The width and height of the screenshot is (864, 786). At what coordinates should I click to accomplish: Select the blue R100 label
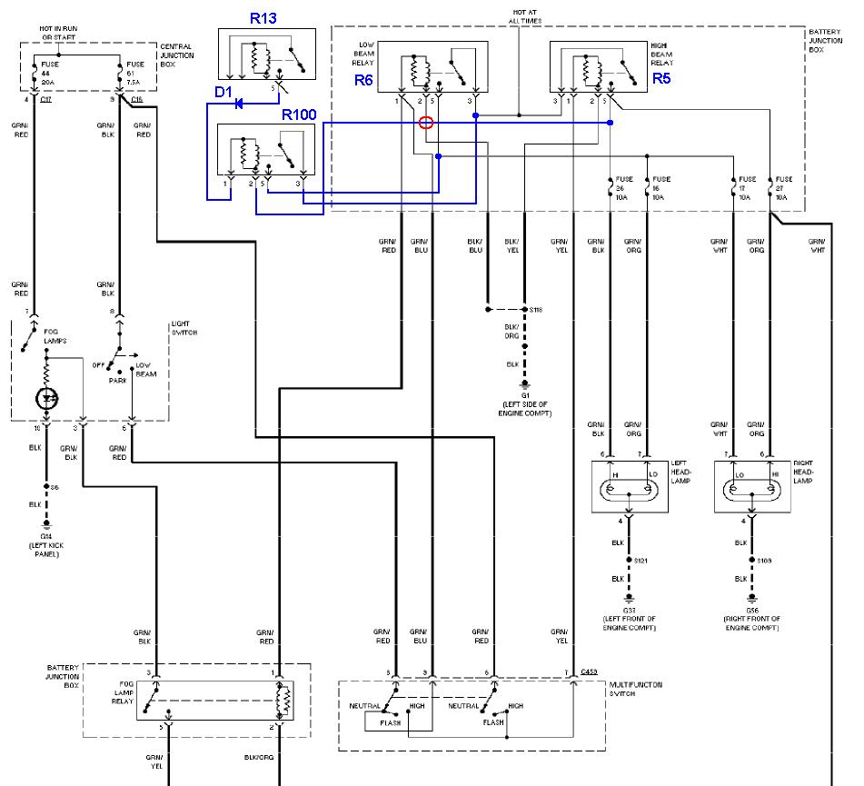(301, 115)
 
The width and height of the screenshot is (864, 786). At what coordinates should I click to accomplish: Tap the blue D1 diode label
(224, 92)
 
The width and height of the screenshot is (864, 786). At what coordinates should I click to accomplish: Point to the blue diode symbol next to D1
(241, 104)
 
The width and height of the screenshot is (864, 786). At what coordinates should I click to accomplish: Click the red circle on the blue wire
(426, 123)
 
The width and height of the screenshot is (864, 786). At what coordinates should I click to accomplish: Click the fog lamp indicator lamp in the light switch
(45, 396)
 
